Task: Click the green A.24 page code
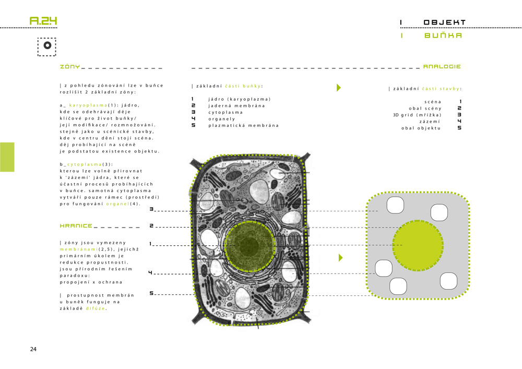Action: [43, 21]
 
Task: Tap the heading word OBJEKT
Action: [444, 22]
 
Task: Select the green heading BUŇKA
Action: [443, 35]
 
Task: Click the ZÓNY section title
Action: [70, 67]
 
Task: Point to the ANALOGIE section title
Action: [442, 67]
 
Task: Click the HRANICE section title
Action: [76, 225]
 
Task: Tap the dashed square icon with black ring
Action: [47, 46]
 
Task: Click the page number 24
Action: [33, 349]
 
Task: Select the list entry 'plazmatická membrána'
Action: [243, 125]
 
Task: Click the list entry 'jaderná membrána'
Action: [236, 106]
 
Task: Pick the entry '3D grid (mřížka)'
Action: [417, 115]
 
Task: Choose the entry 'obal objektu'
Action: [421, 128]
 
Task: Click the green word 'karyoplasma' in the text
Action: [88, 105]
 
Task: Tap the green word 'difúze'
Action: [96, 308]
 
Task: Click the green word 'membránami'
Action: [79, 249]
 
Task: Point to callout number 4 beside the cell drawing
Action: [150, 272]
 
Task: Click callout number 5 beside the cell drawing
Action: [151, 293]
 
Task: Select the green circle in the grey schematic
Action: [418, 245]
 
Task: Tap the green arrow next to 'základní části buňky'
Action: [339, 88]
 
